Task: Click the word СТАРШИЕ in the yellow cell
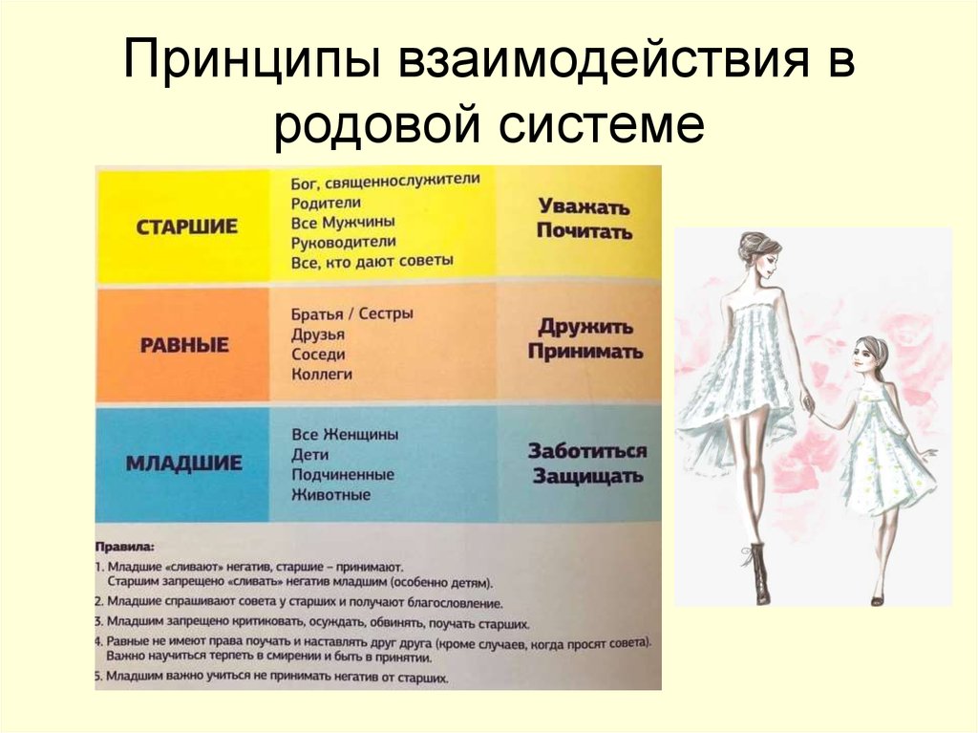click(x=186, y=226)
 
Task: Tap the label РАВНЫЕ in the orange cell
click(x=184, y=345)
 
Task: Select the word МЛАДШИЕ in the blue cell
click(x=184, y=463)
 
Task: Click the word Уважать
click(x=584, y=206)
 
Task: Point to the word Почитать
click(x=585, y=231)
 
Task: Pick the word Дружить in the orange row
click(x=585, y=326)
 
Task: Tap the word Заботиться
click(x=587, y=451)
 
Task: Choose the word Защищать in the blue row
click(x=587, y=476)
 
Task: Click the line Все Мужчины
click(x=343, y=223)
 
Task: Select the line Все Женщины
click(x=345, y=434)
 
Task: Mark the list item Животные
click(x=331, y=494)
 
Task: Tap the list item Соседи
click(x=318, y=354)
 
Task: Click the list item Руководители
click(x=344, y=242)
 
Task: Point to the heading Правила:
click(x=125, y=547)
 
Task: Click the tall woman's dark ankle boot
click(x=758, y=571)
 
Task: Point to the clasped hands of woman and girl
click(x=812, y=408)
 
